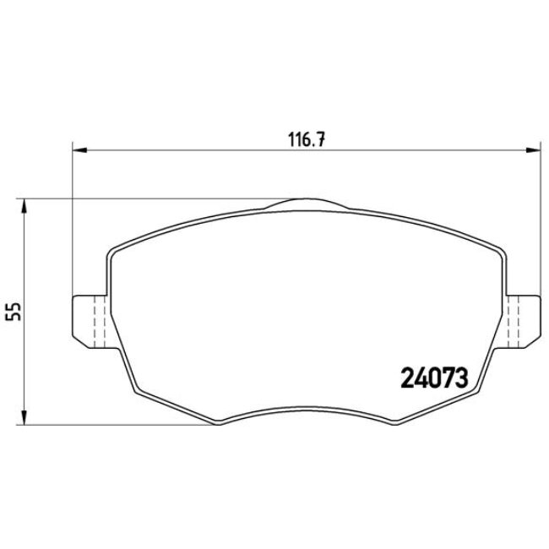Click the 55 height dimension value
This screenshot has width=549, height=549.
13,311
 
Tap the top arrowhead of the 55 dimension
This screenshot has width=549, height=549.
25,205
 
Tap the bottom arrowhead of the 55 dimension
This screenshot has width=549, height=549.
25,417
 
